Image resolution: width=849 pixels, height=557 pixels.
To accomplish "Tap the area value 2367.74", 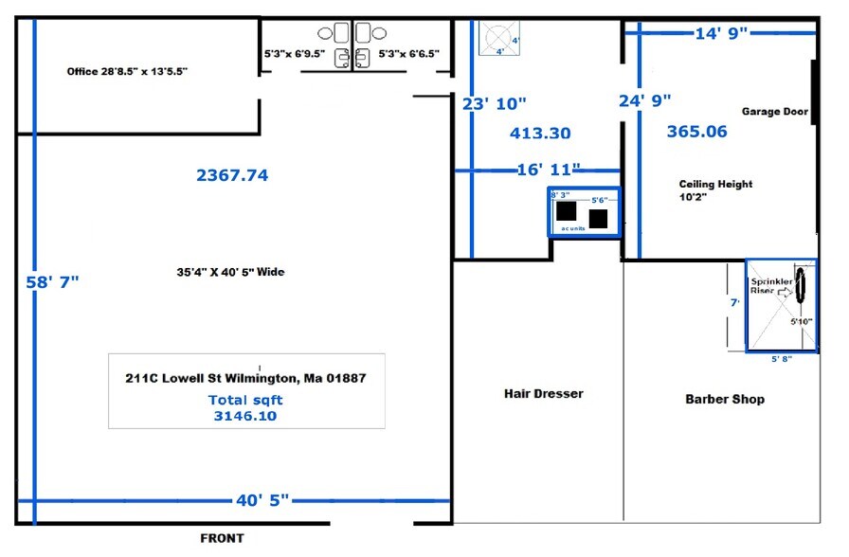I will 232,174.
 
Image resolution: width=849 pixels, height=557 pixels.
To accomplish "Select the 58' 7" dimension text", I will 53,282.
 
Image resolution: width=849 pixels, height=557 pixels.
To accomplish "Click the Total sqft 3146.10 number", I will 244,415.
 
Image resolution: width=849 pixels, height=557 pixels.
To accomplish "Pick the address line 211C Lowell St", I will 244,378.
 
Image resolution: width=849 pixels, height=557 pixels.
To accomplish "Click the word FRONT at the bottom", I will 222,538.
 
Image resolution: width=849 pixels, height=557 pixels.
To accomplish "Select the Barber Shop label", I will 725,399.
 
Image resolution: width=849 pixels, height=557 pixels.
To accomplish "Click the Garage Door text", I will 774,111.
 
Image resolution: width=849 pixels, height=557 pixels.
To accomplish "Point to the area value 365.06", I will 696,132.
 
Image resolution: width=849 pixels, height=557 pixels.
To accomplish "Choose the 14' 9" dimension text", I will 721,32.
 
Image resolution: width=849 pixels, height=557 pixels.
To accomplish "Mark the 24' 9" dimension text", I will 644,99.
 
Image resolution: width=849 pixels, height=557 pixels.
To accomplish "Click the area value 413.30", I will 540,134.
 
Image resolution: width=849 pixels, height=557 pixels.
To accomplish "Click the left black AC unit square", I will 567,211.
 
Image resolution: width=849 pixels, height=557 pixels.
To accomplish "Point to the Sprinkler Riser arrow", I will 783,294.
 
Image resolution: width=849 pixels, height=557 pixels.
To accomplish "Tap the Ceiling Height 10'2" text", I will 715,191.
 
